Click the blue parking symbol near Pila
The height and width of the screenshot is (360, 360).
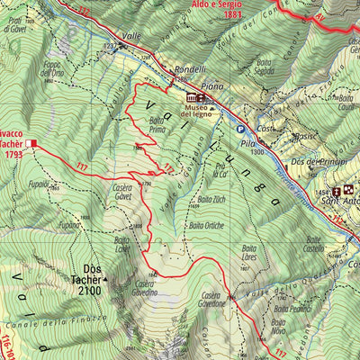click(240, 129)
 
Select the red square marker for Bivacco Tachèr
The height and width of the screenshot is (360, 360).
click(32, 143)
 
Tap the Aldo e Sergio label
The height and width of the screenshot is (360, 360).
click(217, 4)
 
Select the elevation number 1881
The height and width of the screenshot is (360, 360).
click(234, 15)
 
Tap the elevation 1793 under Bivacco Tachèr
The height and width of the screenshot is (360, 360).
click(13, 154)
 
